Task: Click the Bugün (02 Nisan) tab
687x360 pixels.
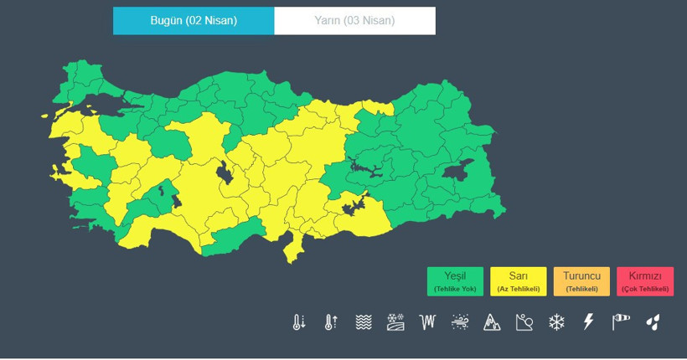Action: [x=194, y=21]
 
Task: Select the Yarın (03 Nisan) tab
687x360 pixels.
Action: [x=354, y=21]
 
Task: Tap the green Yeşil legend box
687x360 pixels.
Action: [x=455, y=281]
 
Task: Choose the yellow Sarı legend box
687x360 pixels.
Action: [x=518, y=281]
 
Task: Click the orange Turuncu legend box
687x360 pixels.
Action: [x=581, y=281]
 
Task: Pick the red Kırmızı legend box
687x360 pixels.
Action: [x=645, y=281]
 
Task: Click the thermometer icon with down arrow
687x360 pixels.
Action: [x=299, y=322]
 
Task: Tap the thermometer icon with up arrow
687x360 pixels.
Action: [x=331, y=322]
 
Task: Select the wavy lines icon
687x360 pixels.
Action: [x=364, y=322]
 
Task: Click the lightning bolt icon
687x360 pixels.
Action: [x=588, y=322]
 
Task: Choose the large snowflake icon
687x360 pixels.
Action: [x=556, y=322]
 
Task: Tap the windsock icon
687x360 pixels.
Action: [x=620, y=322]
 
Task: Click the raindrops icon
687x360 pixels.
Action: [x=653, y=322]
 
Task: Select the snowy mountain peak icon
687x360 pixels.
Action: [x=492, y=322]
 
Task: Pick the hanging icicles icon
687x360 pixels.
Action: [x=428, y=322]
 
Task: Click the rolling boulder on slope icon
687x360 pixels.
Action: [x=524, y=322]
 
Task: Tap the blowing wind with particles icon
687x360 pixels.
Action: [x=460, y=322]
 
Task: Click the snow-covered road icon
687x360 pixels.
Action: [x=396, y=322]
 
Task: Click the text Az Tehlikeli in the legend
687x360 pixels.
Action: [x=518, y=289]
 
